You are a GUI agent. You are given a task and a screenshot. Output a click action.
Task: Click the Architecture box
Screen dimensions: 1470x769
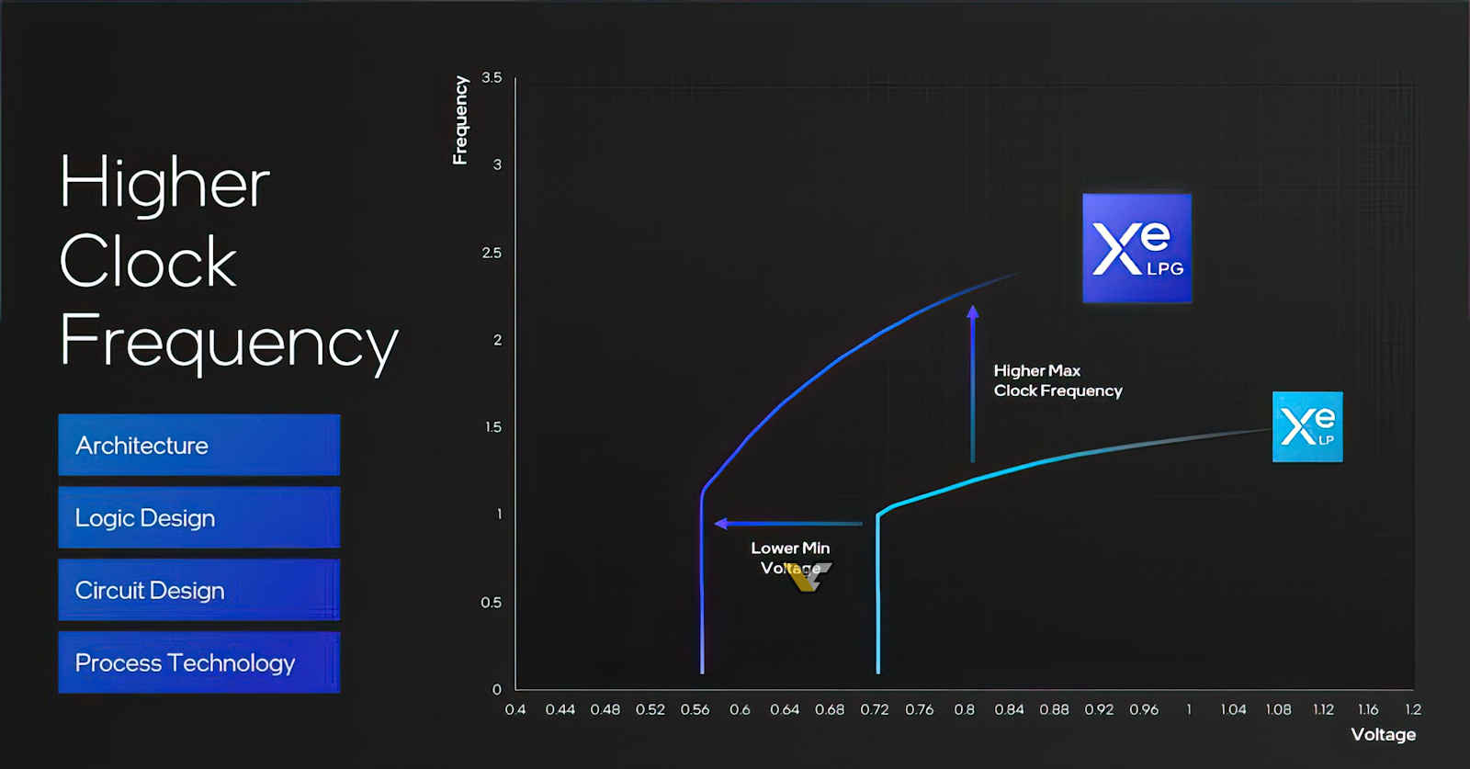pos(198,445)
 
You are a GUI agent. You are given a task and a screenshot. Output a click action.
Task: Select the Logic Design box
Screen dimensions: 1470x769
pos(198,517)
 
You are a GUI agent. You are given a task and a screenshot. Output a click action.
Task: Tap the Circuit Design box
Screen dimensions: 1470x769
pos(198,590)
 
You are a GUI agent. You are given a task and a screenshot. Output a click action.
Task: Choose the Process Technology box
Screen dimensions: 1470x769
pos(198,662)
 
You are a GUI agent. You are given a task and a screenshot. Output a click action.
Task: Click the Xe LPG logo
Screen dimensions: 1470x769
pos(1136,248)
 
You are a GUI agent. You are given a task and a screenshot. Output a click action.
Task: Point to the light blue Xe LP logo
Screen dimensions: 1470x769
pos(1307,426)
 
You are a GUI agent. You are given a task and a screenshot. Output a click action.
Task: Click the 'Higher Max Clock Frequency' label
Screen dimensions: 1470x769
pos(1057,380)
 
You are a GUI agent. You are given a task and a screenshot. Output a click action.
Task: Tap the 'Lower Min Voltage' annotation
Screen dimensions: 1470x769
pos(790,558)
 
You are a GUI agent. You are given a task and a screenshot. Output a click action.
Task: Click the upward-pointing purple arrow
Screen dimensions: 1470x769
pos(973,384)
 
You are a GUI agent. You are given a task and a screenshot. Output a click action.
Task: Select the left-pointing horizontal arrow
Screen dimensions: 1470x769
pos(788,523)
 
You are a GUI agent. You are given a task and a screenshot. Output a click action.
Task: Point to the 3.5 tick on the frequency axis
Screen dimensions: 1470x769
pos(492,77)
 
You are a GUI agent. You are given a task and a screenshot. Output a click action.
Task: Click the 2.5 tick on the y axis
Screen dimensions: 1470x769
pos(492,253)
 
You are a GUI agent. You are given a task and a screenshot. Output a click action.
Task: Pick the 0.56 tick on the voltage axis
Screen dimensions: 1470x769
pos(695,709)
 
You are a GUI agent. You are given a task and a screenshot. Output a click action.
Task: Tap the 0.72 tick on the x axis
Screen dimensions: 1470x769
pos(874,709)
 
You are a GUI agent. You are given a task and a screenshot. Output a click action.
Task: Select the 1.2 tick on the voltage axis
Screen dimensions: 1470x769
pos(1413,709)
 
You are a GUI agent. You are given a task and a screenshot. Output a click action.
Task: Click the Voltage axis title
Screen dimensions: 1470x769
pos(1384,734)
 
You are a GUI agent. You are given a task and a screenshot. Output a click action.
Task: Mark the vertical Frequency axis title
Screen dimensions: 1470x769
pos(460,120)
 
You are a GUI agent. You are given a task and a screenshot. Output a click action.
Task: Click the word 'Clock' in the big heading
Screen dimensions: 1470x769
pos(148,261)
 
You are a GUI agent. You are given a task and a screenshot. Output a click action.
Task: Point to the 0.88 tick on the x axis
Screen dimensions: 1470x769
pos(1054,709)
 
